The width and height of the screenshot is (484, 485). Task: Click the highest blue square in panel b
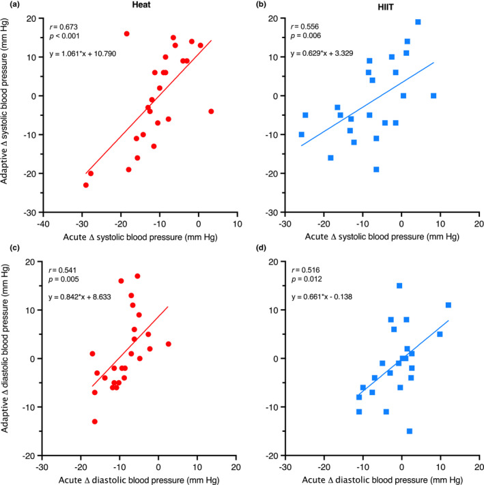point(418,22)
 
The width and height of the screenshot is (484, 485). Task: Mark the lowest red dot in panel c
point(95,421)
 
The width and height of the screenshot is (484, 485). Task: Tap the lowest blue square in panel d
point(410,430)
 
